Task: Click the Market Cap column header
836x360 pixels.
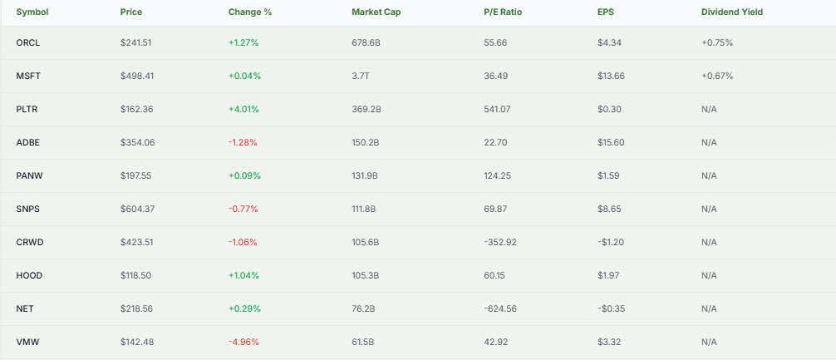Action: point(373,12)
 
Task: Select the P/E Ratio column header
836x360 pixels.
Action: point(503,12)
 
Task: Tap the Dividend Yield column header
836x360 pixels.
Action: point(732,12)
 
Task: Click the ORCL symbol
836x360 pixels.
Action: point(27,42)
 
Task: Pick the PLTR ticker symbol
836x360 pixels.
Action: point(27,109)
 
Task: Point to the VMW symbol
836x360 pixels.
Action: point(27,342)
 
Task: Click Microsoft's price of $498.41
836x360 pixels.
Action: point(137,76)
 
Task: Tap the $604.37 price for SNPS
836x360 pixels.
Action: point(137,209)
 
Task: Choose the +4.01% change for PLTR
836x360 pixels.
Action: point(244,109)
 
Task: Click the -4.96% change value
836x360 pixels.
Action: point(243,342)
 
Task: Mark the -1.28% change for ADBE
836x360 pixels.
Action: point(243,142)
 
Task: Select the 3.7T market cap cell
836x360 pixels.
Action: point(361,76)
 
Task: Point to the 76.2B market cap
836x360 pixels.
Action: point(364,308)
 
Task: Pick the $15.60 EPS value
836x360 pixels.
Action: point(611,142)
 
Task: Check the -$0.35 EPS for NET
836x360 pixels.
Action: point(611,308)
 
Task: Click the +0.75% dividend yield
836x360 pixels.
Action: point(717,42)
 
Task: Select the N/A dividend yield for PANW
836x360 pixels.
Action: point(709,175)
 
